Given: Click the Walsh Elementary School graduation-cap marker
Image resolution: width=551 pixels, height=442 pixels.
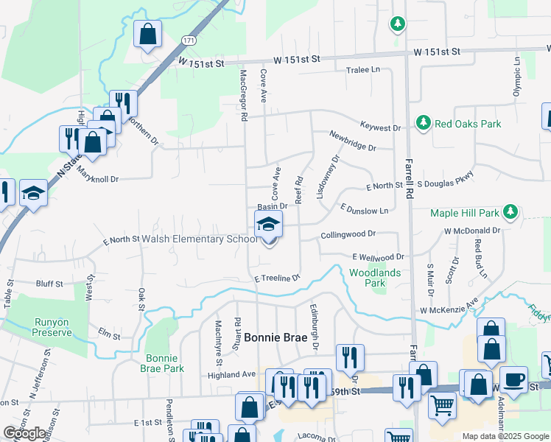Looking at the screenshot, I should (x=268, y=224).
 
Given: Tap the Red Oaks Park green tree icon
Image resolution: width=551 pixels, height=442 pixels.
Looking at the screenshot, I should (x=423, y=124).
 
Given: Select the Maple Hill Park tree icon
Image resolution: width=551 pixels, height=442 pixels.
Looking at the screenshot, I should (x=510, y=214).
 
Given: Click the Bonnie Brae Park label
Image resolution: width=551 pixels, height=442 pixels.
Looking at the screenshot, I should (x=159, y=363).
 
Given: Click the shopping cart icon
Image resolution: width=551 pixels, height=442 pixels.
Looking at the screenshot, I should (x=441, y=404).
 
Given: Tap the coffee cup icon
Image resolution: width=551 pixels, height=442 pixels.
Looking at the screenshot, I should (x=513, y=380).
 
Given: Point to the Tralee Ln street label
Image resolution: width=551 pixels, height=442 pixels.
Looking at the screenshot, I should (x=362, y=70).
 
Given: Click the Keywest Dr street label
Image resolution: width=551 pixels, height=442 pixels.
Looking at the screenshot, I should (x=380, y=127).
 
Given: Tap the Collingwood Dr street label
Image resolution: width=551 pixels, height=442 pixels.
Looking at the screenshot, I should (x=348, y=234).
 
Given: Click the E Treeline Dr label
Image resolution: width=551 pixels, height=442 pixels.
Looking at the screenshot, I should (x=278, y=278).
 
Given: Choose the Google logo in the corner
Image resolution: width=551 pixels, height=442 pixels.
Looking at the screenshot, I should (x=24, y=433).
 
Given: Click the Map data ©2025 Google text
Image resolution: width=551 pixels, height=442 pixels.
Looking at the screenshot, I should (x=505, y=436).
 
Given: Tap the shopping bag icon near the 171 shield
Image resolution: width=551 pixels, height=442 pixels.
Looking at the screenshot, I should (x=147, y=34).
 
